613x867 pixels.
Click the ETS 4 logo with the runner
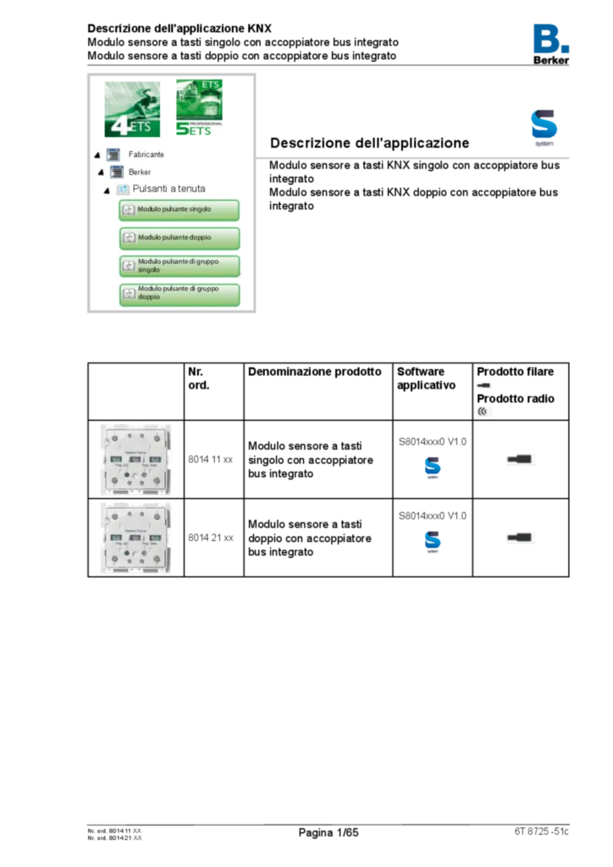coord(132,111)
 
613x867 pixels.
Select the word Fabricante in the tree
coord(146,155)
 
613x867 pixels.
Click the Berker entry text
coord(140,172)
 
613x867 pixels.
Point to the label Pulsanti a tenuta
coord(168,189)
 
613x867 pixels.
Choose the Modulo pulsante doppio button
coord(179,238)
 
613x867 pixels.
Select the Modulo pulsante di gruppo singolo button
coord(179,266)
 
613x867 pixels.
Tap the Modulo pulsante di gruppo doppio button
coord(179,294)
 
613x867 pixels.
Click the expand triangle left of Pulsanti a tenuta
coord(107,190)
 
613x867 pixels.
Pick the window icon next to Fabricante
coord(113,155)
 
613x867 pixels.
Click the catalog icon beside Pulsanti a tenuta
coord(123,189)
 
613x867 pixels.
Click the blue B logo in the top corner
coord(551,38)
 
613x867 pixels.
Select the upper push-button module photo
coord(135,459)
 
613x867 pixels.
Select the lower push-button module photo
coord(135,538)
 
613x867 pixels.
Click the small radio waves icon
coord(483,411)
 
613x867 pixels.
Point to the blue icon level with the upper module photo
coord(433,467)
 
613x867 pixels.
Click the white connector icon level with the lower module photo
coord(521,538)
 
